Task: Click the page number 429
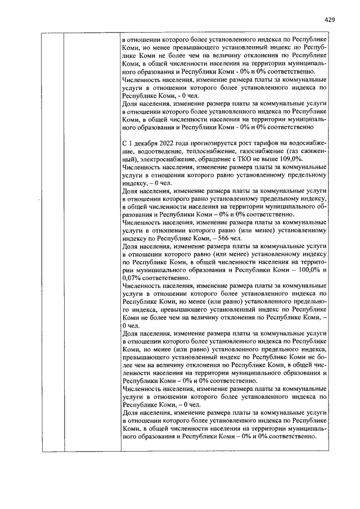(x=330, y=19)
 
